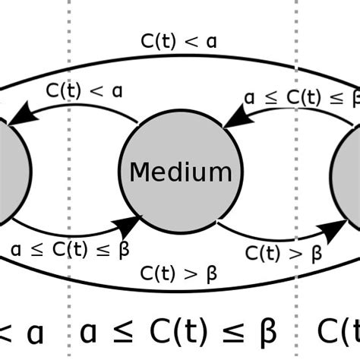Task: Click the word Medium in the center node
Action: [x=180, y=172]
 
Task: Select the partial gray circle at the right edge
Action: [x=349, y=172]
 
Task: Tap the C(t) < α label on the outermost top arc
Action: [x=179, y=41]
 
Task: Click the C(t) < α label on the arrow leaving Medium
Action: [x=85, y=91]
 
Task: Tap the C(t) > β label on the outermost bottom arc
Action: [x=179, y=273]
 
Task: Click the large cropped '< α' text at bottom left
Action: [x=23, y=332]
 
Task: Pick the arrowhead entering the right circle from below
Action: [x=333, y=231]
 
